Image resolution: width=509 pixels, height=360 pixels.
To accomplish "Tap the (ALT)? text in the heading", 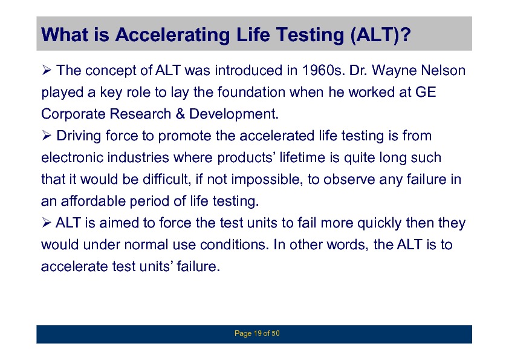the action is (381, 35).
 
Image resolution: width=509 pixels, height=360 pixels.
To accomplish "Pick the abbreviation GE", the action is (426, 93).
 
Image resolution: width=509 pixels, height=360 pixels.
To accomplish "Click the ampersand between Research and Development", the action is (180, 114).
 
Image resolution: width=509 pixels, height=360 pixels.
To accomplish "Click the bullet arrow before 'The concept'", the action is (47, 70).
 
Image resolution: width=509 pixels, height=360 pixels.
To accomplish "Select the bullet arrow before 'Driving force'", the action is (47, 135).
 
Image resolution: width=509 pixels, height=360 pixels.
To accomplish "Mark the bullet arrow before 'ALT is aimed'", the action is (47, 222).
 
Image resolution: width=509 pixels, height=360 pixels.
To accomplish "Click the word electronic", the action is (73, 157).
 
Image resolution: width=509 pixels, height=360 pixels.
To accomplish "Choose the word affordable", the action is (94, 201).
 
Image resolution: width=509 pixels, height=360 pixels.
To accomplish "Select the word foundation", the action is (251, 93).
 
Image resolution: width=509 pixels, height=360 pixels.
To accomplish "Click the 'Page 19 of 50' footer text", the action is (257, 333).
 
